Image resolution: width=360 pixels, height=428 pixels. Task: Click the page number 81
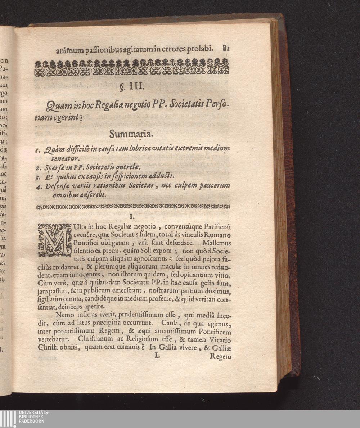(x=226, y=49)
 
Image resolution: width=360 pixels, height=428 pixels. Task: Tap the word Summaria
(x=131, y=134)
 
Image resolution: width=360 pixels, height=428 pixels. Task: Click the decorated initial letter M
(x=55, y=240)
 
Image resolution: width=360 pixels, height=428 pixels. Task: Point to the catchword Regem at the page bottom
(x=220, y=357)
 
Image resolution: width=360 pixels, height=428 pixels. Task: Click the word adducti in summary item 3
(x=162, y=176)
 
